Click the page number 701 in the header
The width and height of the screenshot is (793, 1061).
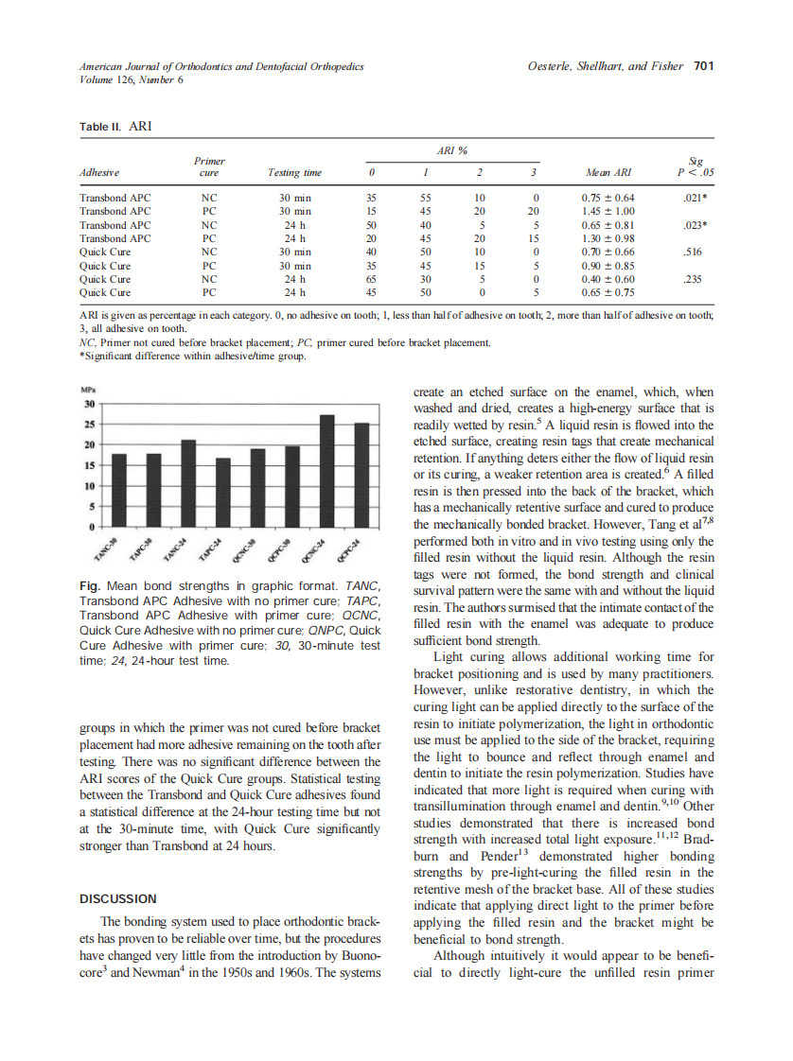(x=703, y=66)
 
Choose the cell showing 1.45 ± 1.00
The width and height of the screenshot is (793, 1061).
(x=608, y=212)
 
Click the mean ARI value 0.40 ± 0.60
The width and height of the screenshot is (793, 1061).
(x=608, y=280)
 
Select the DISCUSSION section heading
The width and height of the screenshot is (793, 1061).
(x=118, y=898)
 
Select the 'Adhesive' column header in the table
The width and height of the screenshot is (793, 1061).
(x=99, y=173)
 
